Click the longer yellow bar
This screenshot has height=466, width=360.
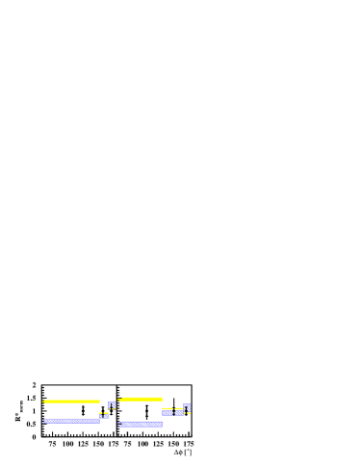coord(72,401)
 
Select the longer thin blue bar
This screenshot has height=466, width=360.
coord(72,421)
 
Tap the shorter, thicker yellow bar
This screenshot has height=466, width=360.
coord(141,399)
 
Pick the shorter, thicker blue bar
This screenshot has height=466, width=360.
coord(141,424)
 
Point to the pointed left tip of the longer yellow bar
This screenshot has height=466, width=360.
coord(43,401)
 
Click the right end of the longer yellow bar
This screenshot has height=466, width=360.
coord(99,401)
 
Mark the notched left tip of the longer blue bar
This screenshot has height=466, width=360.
coord(43,421)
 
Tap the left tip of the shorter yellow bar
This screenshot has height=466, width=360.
coord(119,399)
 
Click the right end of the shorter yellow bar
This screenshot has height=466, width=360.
coord(162,399)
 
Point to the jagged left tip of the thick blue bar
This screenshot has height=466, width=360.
coord(119,424)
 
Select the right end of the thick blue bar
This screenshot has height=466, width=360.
coord(162,424)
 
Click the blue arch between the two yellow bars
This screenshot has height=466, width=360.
coord(112,404)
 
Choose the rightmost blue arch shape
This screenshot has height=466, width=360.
coord(187,408)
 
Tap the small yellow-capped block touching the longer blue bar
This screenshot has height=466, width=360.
coord(104,415)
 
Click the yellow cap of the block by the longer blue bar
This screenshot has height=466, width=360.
coord(104,413)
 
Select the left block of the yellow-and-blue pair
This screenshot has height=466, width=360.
coord(167,411)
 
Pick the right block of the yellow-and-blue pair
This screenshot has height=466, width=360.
coord(179,411)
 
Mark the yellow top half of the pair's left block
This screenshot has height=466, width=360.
coord(167,409)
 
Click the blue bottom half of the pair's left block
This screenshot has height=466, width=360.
coord(167,413)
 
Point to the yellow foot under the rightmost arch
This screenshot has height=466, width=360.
coord(189,413)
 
